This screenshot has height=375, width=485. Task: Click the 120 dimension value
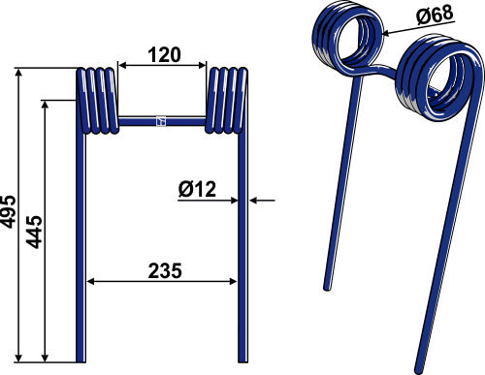point(164,55)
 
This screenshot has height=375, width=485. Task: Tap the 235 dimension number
point(165,271)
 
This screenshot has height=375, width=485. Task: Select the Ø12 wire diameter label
point(197,189)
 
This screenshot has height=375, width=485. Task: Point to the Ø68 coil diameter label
point(436,15)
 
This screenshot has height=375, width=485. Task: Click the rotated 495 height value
point(8,211)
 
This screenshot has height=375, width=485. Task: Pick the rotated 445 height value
point(34,232)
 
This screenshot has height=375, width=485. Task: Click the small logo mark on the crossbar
point(161,121)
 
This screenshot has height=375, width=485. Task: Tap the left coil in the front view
point(97,101)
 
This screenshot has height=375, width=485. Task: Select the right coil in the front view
point(226,101)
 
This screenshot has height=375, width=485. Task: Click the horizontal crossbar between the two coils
point(162,121)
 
